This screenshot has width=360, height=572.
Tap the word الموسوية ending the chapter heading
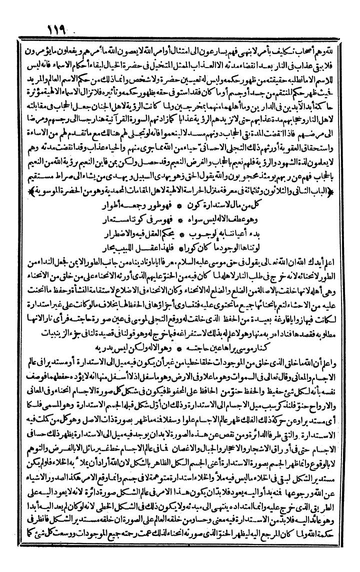pyautogui.click(x=41, y=177)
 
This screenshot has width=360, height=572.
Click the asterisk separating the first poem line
pyautogui.click(x=184, y=191)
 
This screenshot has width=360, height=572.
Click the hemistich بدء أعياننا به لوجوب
pyautogui.click(x=231, y=219)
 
